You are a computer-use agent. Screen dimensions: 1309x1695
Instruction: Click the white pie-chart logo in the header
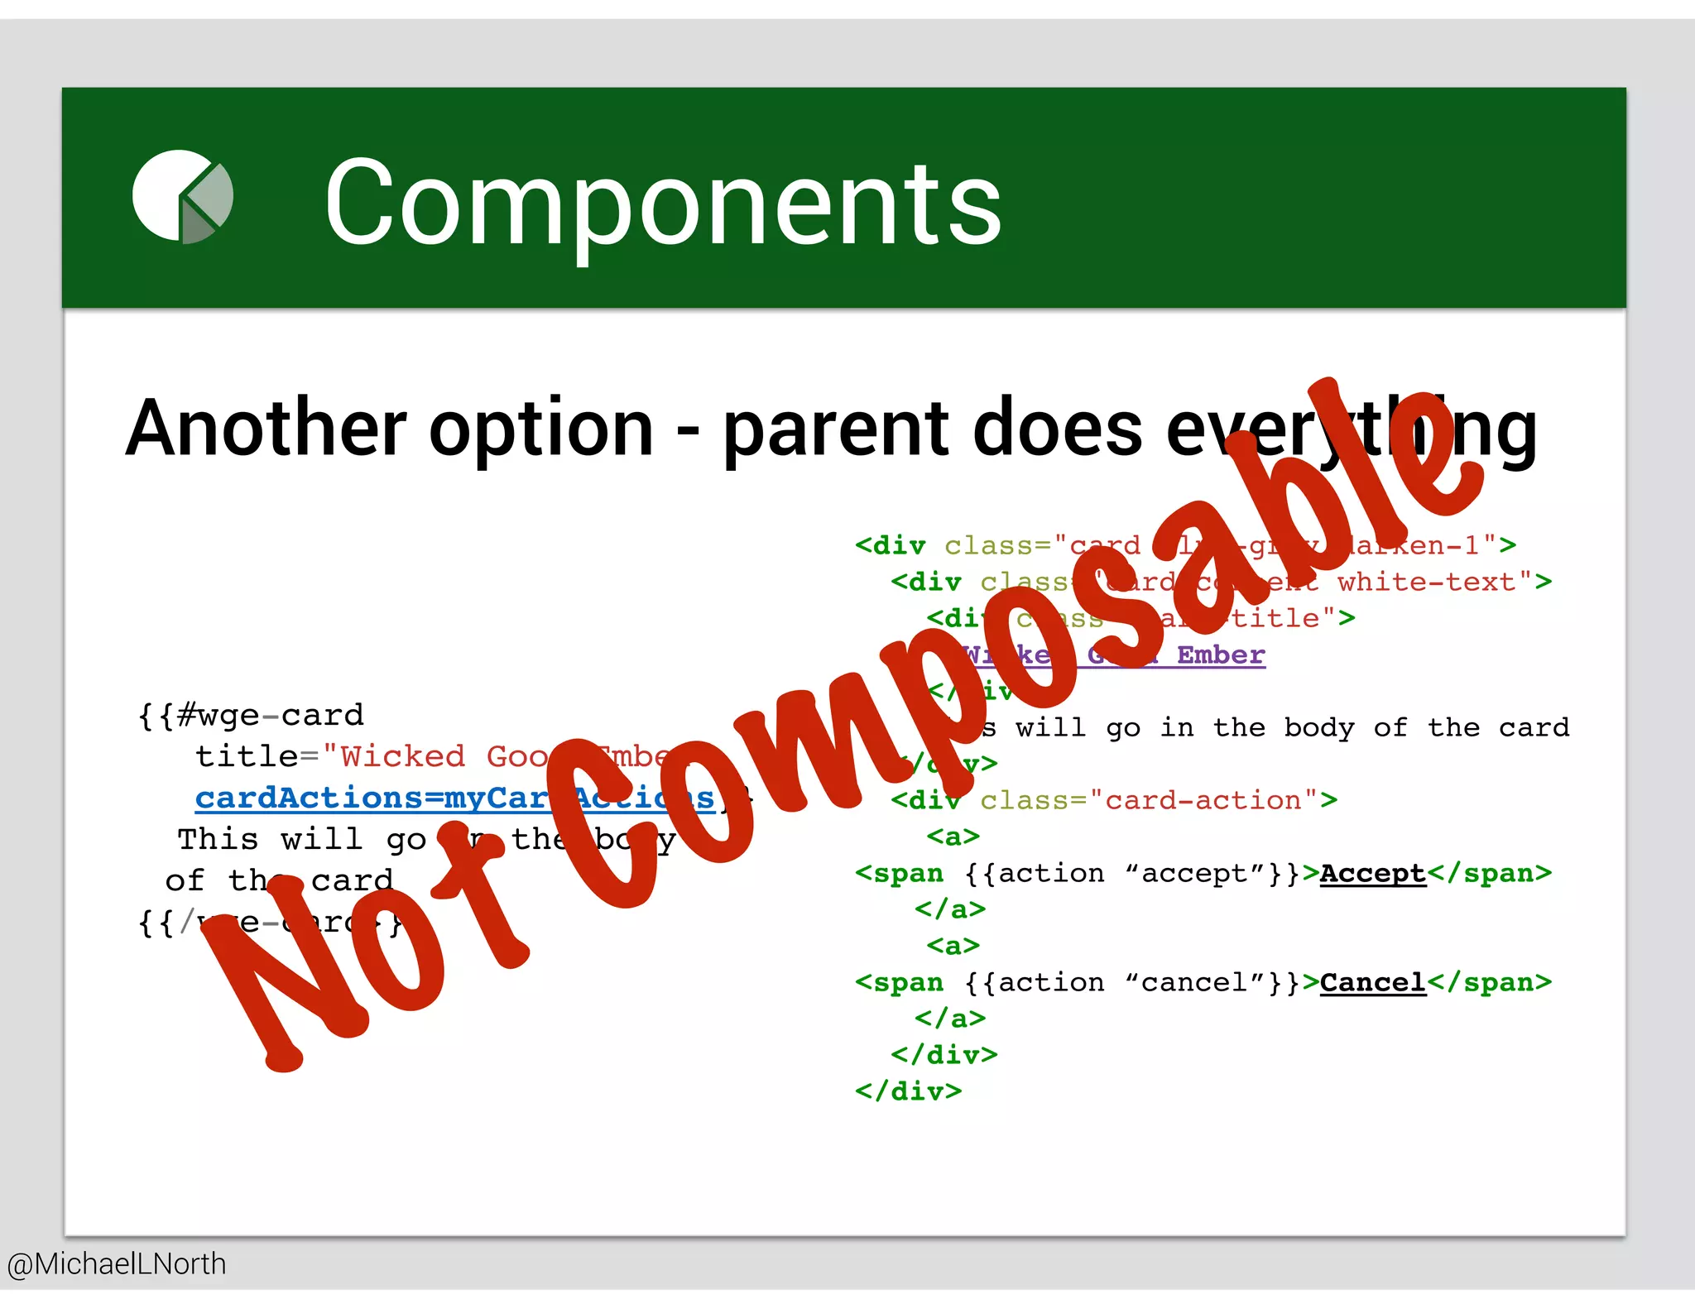[182, 197]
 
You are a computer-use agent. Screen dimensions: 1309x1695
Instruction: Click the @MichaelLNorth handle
[117, 1264]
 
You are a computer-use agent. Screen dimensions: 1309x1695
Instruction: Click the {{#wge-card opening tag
[251, 716]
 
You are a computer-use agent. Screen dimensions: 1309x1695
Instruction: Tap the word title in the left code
[246, 756]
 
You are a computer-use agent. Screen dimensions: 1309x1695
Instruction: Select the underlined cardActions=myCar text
[372, 798]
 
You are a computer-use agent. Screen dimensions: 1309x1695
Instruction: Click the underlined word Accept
[1372, 874]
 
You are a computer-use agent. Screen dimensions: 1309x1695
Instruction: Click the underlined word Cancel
[1372, 983]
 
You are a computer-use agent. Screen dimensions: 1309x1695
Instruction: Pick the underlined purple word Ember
[1221, 655]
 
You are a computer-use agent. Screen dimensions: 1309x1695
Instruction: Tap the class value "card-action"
[1203, 801]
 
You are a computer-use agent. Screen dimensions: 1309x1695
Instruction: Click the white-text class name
[1427, 583]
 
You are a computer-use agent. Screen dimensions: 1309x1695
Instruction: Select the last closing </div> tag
[908, 1091]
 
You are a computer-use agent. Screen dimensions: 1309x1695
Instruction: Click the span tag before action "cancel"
[899, 983]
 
